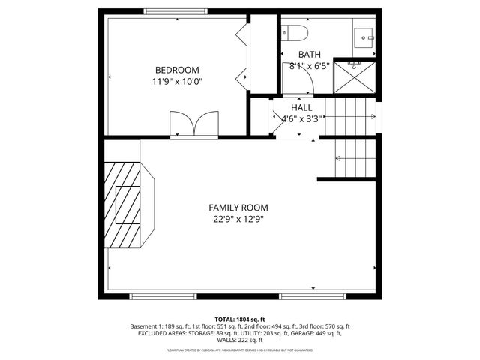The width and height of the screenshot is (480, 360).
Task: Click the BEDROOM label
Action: (177, 70)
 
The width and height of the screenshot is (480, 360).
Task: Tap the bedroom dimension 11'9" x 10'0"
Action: (177, 82)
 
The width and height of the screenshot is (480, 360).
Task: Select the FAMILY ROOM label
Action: (238, 208)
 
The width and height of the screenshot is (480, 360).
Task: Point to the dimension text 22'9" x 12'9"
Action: (238, 220)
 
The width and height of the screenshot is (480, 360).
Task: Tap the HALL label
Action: (301, 107)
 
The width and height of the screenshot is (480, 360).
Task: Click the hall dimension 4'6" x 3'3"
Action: (301, 118)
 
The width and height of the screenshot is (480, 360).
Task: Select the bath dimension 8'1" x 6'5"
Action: (308, 66)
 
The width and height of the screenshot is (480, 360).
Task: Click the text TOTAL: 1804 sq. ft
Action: (239, 319)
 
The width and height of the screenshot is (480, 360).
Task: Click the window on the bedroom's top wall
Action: (177, 11)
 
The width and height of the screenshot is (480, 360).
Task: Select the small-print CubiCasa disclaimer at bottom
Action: (240, 350)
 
